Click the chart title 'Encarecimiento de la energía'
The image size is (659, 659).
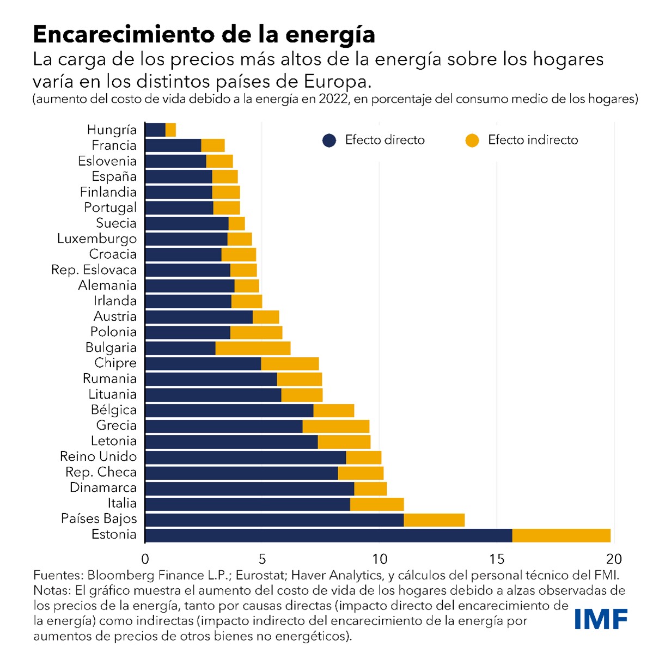click(204, 34)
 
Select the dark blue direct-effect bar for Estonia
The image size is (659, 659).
click(328, 535)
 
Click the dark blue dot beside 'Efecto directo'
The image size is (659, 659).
click(329, 141)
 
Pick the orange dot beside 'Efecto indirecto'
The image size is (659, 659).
click(472, 141)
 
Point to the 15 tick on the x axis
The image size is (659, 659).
click(497, 559)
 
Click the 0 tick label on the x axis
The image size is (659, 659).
click(145, 559)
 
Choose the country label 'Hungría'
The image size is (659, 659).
click(112, 130)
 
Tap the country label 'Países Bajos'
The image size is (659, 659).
click(99, 518)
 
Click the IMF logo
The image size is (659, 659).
click(601, 619)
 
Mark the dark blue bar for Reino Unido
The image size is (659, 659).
click(246, 457)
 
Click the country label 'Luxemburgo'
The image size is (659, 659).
click(97, 239)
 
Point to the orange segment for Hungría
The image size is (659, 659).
click(170, 130)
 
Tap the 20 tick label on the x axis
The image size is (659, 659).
click(614, 559)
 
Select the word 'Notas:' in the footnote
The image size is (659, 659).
click(52, 590)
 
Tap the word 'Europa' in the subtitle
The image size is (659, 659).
click(336, 82)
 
